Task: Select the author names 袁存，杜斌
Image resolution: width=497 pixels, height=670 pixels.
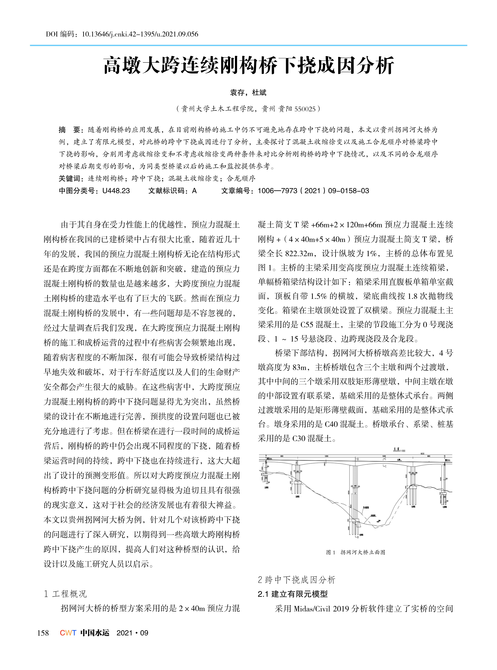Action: [x=248, y=93]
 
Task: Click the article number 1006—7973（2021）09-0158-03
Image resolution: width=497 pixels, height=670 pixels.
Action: [x=313, y=191]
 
